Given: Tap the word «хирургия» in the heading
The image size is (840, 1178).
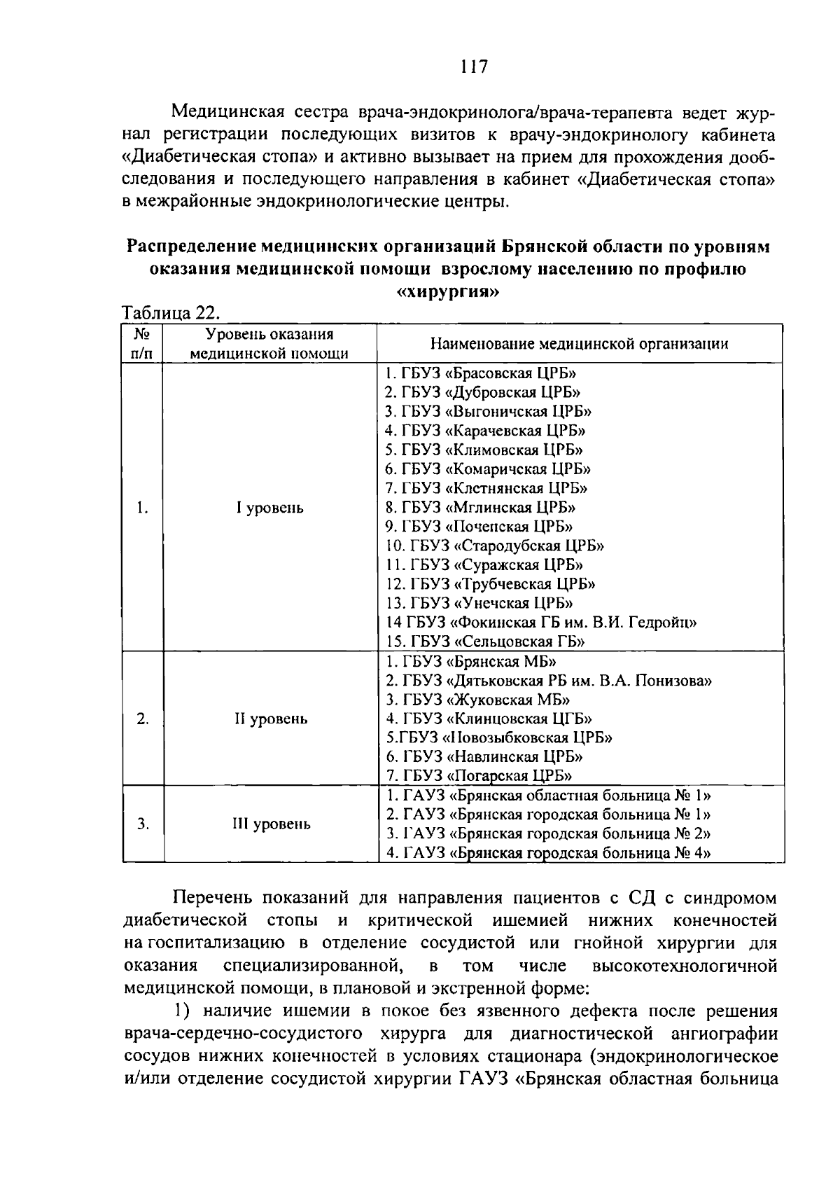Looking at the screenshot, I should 449,292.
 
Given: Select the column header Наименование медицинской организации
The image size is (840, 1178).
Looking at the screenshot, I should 578,344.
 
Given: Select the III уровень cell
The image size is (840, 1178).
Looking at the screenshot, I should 271,824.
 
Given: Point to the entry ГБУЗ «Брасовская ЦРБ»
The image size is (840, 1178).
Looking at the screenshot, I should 482,374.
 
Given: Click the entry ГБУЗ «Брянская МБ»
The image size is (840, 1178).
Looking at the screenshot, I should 471,661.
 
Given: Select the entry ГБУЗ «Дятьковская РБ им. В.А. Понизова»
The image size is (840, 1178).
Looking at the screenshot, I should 549,680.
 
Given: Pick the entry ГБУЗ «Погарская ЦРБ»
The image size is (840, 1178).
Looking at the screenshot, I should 479,775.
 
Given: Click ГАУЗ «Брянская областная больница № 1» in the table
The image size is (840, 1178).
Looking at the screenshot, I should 549,796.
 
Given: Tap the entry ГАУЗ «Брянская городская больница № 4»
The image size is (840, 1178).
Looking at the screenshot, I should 549,853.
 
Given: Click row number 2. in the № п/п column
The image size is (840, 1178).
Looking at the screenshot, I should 143,719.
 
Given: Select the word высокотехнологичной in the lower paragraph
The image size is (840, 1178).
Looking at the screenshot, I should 685,967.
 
